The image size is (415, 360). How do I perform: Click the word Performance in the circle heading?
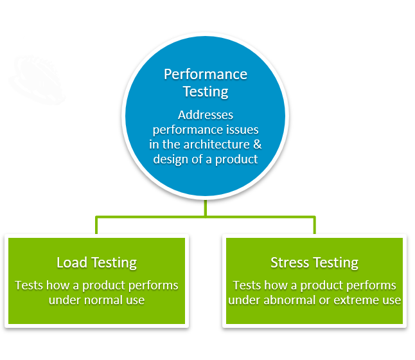(x=206, y=75)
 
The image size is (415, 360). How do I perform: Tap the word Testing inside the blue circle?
(x=206, y=92)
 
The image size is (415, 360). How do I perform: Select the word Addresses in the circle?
(x=206, y=115)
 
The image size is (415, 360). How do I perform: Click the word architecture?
(x=216, y=145)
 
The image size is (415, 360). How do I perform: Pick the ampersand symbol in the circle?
(x=258, y=145)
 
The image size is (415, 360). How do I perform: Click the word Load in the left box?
(x=72, y=263)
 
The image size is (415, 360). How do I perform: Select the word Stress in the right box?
(x=290, y=263)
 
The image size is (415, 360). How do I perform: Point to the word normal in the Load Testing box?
(x=100, y=300)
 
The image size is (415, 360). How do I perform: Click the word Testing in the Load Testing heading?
(x=114, y=263)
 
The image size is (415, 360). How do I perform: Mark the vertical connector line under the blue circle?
(x=206, y=208)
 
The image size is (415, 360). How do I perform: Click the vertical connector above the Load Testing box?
(x=96, y=226)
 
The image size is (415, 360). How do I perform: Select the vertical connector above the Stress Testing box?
(x=314, y=226)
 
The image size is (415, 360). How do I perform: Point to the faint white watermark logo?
(x=37, y=80)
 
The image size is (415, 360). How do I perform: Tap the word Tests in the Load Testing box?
(x=29, y=285)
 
